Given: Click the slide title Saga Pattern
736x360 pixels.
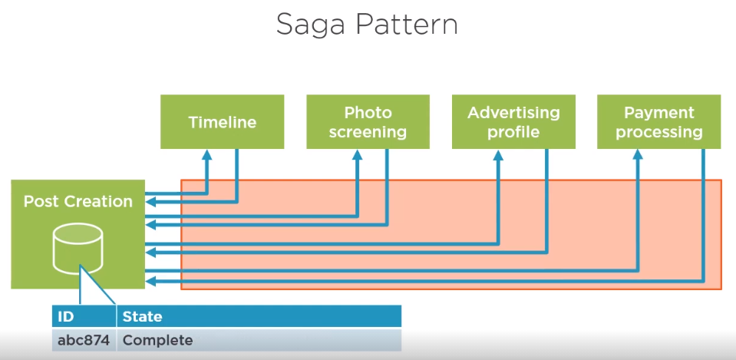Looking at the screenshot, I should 367,25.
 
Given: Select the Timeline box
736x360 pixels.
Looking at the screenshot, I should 222,122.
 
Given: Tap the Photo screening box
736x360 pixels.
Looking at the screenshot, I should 368,122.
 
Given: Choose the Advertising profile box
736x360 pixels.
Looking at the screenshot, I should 513,122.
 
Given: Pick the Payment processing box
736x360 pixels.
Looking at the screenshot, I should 658,122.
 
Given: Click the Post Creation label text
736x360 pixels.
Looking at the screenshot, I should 78,202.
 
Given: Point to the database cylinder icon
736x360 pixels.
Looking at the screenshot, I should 77,249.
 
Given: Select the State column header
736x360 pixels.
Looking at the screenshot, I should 142,316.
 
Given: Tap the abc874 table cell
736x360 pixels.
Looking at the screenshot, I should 83,339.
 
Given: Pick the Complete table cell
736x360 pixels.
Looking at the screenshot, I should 157,339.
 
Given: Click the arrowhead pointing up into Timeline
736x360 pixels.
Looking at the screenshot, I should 206,154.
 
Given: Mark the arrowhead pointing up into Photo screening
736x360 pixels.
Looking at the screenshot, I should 357,154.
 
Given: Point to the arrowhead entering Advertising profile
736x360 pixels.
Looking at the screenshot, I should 498,154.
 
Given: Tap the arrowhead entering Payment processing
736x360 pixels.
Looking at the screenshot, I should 637,154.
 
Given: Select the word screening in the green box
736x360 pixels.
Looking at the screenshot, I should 368,132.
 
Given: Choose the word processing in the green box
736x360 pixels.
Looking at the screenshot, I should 658,132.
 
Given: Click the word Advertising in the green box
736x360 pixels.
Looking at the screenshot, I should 513,113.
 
